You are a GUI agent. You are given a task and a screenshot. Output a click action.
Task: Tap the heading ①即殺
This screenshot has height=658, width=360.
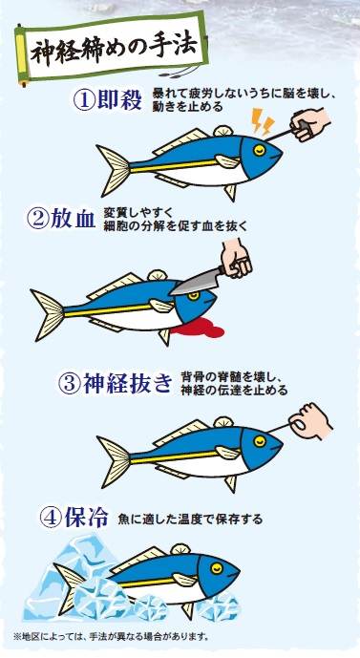(x=108, y=99)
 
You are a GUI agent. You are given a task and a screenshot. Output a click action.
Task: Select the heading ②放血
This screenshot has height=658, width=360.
(x=61, y=220)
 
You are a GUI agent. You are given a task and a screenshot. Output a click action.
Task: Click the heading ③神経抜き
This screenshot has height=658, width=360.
(x=115, y=383)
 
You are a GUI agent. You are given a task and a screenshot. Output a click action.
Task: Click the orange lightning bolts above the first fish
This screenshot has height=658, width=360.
(x=264, y=121)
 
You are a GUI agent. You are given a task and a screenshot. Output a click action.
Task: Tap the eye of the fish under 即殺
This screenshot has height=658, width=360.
(x=260, y=150)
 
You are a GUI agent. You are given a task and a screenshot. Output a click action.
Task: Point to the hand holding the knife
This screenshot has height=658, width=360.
(x=236, y=258)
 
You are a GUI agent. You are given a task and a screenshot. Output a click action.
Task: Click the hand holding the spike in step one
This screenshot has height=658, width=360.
(x=310, y=123)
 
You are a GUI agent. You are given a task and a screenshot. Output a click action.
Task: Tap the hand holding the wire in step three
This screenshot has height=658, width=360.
(x=310, y=421)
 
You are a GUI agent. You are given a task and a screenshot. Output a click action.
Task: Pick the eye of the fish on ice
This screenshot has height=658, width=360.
(x=217, y=568)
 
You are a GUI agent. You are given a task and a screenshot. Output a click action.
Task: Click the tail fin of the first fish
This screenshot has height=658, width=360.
(x=114, y=170)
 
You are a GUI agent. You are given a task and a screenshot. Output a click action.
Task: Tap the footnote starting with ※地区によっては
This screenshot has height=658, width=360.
(x=111, y=637)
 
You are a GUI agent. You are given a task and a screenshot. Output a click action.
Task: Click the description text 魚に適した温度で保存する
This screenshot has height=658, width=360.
(x=190, y=520)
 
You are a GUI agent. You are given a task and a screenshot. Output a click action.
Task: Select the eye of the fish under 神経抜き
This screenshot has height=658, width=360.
(x=260, y=441)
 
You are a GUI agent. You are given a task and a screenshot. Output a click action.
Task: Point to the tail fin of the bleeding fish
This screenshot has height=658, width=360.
(x=48, y=315)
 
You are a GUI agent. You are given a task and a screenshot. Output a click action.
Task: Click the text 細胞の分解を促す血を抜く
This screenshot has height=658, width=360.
(x=176, y=226)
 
